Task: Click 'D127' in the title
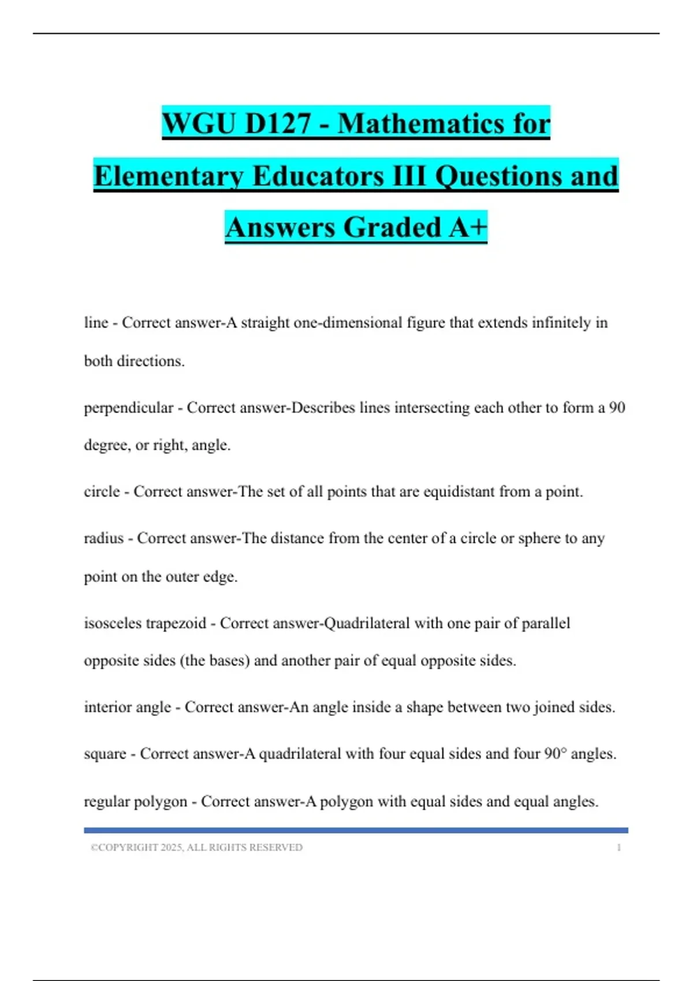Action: pyautogui.click(x=278, y=123)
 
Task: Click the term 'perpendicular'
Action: pyautogui.click(x=128, y=407)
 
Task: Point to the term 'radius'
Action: pyautogui.click(x=104, y=538)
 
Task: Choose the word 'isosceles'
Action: pyautogui.click(x=113, y=623)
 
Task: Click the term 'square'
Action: pyautogui.click(x=105, y=754)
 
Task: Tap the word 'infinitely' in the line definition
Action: pyautogui.click(x=558, y=322)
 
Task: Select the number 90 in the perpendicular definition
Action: pyautogui.click(x=617, y=407)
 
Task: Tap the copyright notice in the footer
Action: pyautogui.click(x=196, y=847)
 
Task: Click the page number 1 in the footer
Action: pyautogui.click(x=619, y=847)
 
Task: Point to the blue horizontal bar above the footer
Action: pyautogui.click(x=356, y=830)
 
